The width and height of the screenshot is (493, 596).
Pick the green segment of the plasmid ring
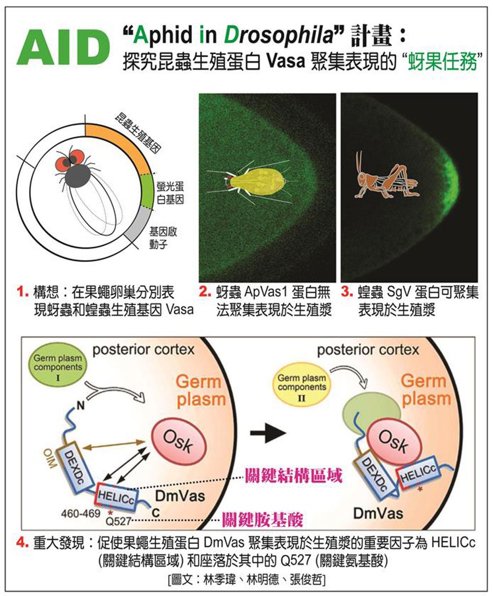(147, 193)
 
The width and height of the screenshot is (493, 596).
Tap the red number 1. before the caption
(23, 293)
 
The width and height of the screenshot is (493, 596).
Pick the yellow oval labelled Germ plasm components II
(302, 382)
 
